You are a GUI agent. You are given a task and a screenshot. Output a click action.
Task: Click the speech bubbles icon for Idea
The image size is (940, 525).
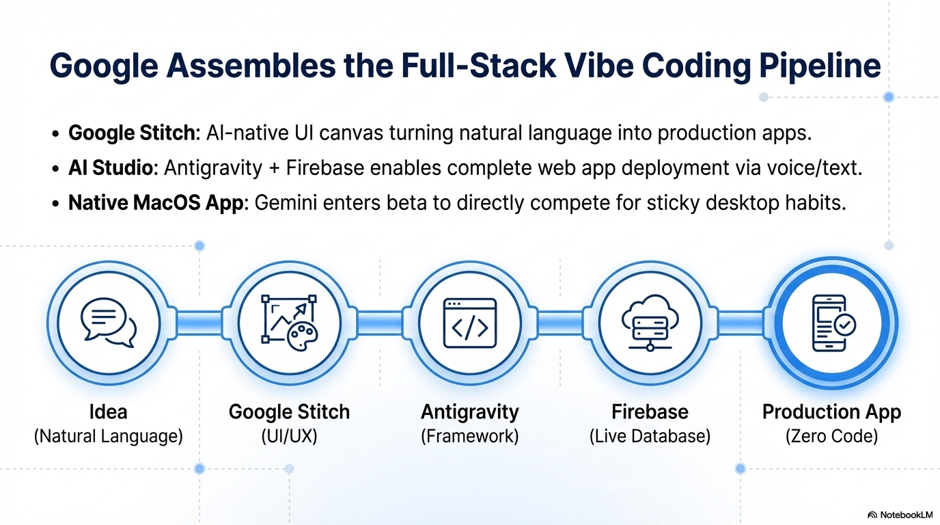click(108, 321)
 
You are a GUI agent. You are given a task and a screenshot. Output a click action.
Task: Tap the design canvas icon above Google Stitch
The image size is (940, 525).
click(289, 321)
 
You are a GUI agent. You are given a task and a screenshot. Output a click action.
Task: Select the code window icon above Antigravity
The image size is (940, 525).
click(469, 321)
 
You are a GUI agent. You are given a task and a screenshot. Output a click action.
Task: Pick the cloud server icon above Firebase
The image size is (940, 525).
click(650, 321)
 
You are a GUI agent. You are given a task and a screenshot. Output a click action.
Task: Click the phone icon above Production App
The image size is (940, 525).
click(831, 323)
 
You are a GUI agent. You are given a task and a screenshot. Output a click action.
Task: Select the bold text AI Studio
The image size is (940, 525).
click(112, 167)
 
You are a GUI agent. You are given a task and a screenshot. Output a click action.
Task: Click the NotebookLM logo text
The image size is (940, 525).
click(904, 514)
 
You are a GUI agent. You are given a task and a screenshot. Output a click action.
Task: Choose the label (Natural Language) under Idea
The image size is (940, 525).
click(108, 435)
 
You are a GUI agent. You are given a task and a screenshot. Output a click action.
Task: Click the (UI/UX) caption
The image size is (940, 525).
click(289, 435)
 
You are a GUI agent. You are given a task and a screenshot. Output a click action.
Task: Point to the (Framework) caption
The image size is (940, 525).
click(469, 435)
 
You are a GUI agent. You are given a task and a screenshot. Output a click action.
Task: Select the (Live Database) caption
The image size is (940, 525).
click(650, 435)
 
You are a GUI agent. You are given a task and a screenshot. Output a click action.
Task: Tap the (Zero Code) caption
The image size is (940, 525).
click(831, 435)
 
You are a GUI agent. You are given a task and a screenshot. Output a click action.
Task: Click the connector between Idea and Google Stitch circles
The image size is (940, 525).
click(198, 322)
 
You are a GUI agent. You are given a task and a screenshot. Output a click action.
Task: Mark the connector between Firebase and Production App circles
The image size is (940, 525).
click(741, 322)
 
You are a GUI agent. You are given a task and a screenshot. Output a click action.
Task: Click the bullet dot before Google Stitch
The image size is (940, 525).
click(55, 133)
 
